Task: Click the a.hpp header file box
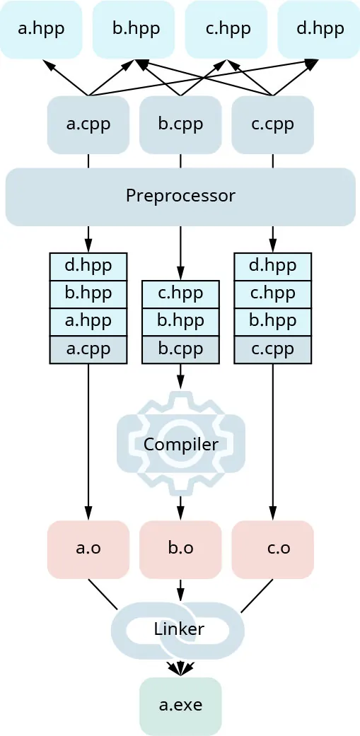point(41,30)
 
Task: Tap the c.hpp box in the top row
point(226,30)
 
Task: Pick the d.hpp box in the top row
point(318,30)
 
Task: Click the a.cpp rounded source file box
point(88,124)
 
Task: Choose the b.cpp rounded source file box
point(180,124)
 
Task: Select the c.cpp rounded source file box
point(272,124)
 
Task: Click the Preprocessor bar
point(180,196)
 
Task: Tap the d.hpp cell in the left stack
point(88,267)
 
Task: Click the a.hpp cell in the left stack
point(88,322)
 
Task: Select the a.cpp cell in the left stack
point(88,349)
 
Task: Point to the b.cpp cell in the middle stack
point(180,349)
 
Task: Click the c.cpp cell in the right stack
point(272,349)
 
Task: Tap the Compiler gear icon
point(180,443)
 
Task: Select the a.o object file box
point(88,549)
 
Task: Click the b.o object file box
point(180,549)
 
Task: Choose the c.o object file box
point(272,549)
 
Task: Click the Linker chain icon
point(178,629)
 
